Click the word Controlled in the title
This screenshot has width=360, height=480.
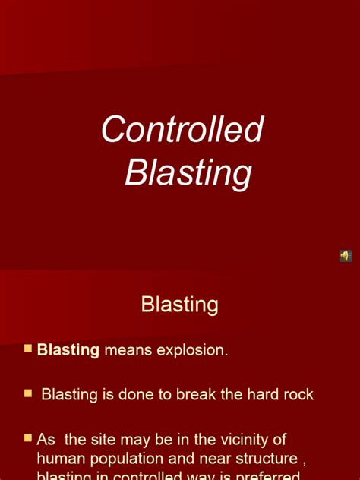pyautogui.click(x=182, y=130)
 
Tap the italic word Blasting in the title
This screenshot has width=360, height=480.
pyautogui.click(x=188, y=172)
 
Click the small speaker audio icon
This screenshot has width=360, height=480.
pyautogui.click(x=346, y=256)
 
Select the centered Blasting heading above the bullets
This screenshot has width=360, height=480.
pyautogui.click(x=180, y=305)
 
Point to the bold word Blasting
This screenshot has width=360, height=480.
pyautogui.click(x=68, y=350)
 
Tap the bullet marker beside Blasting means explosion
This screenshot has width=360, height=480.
pyautogui.click(x=28, y=349)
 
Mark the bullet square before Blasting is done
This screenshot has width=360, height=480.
pyautogui.click(x=28, y=393)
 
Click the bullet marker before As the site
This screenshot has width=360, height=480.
pyautogui.click(x=28, y=438)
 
